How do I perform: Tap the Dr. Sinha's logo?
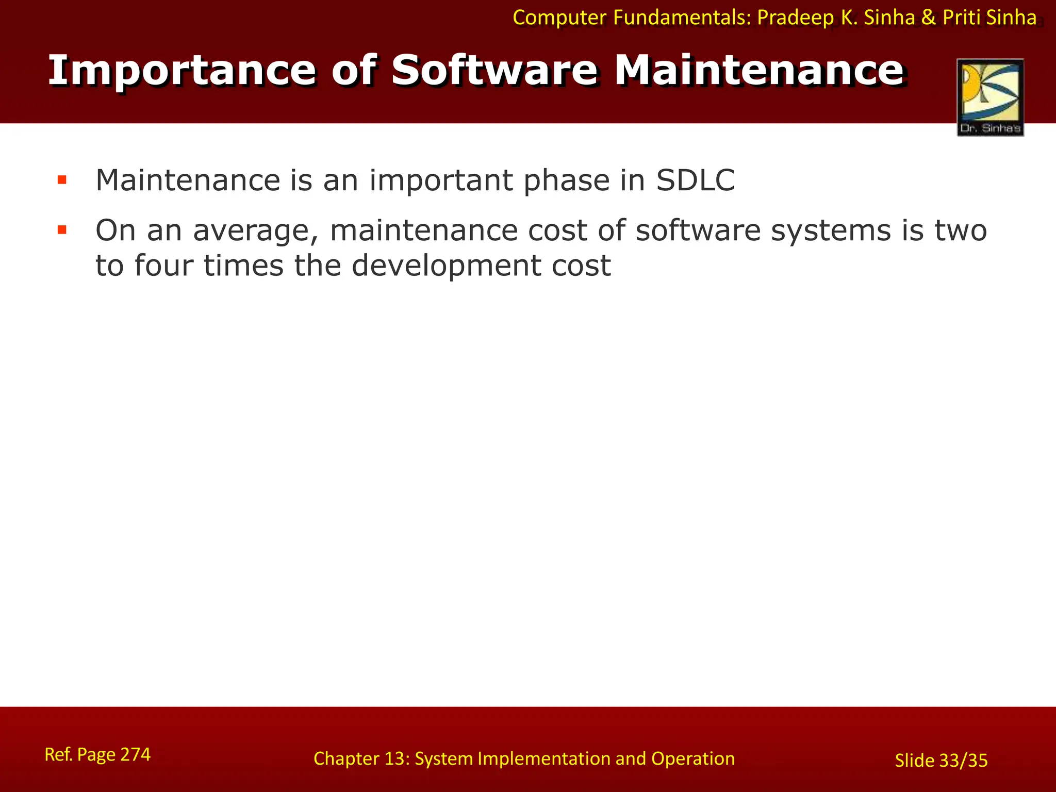coord(990,97)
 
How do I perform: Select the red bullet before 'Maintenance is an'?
coord(62,180)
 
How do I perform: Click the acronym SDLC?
coord(695,180)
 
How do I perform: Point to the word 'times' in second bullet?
coord(243,266)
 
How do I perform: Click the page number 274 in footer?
coord(136,754)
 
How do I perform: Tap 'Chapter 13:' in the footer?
coord(361,758)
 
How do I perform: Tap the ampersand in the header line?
coord(929,18)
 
